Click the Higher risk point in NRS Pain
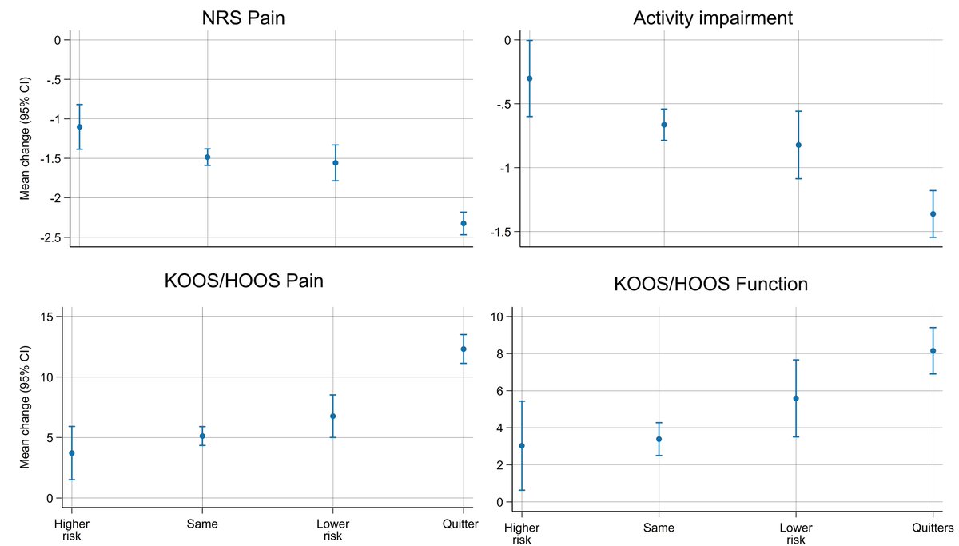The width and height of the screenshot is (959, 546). tap(79, 127)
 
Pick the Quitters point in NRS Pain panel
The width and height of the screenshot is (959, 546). tap(464, 223)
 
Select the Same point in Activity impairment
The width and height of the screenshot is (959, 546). tap(664, 125)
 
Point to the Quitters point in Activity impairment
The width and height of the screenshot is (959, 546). tap(933, 214)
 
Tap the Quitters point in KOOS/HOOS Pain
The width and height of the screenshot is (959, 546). tap(464, 349)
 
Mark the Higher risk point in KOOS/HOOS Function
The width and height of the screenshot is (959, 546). tap(522, 445)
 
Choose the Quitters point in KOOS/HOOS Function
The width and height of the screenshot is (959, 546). tap(933, 350)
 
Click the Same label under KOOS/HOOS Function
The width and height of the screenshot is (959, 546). tap(659, 528)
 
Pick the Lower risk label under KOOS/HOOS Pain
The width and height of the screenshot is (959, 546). tap(332, 530)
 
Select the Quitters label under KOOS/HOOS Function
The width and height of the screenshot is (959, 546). tap(933, 528)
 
